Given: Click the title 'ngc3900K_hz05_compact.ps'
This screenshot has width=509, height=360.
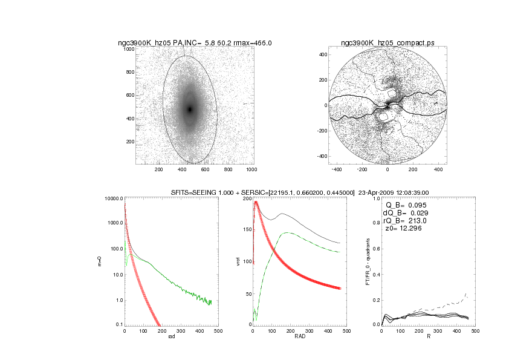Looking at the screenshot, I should tap(387, 43).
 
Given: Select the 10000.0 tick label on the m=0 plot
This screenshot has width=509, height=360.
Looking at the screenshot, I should tap(113, 198).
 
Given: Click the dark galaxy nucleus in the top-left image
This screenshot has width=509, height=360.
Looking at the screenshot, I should tap(189, 110).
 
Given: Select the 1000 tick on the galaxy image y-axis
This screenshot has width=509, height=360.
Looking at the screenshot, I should tap(129, 49).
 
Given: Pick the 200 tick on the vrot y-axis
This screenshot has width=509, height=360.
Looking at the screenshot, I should tap(247, 198).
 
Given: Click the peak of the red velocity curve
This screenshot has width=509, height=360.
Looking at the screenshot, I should tap(256, 202).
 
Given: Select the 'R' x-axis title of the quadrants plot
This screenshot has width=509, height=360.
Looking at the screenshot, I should tap(427, 336).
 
